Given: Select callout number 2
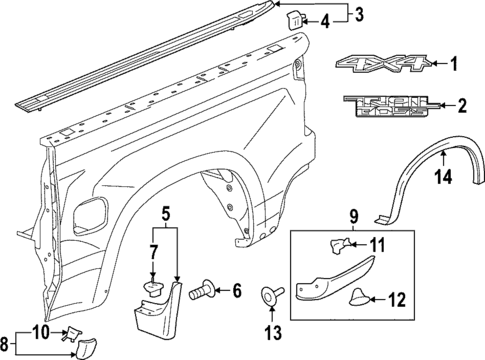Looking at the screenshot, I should (461, 104).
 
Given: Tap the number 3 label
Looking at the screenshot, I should (360, 13).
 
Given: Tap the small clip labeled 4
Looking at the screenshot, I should (296, 18).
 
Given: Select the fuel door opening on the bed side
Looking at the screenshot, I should (93, 213).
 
